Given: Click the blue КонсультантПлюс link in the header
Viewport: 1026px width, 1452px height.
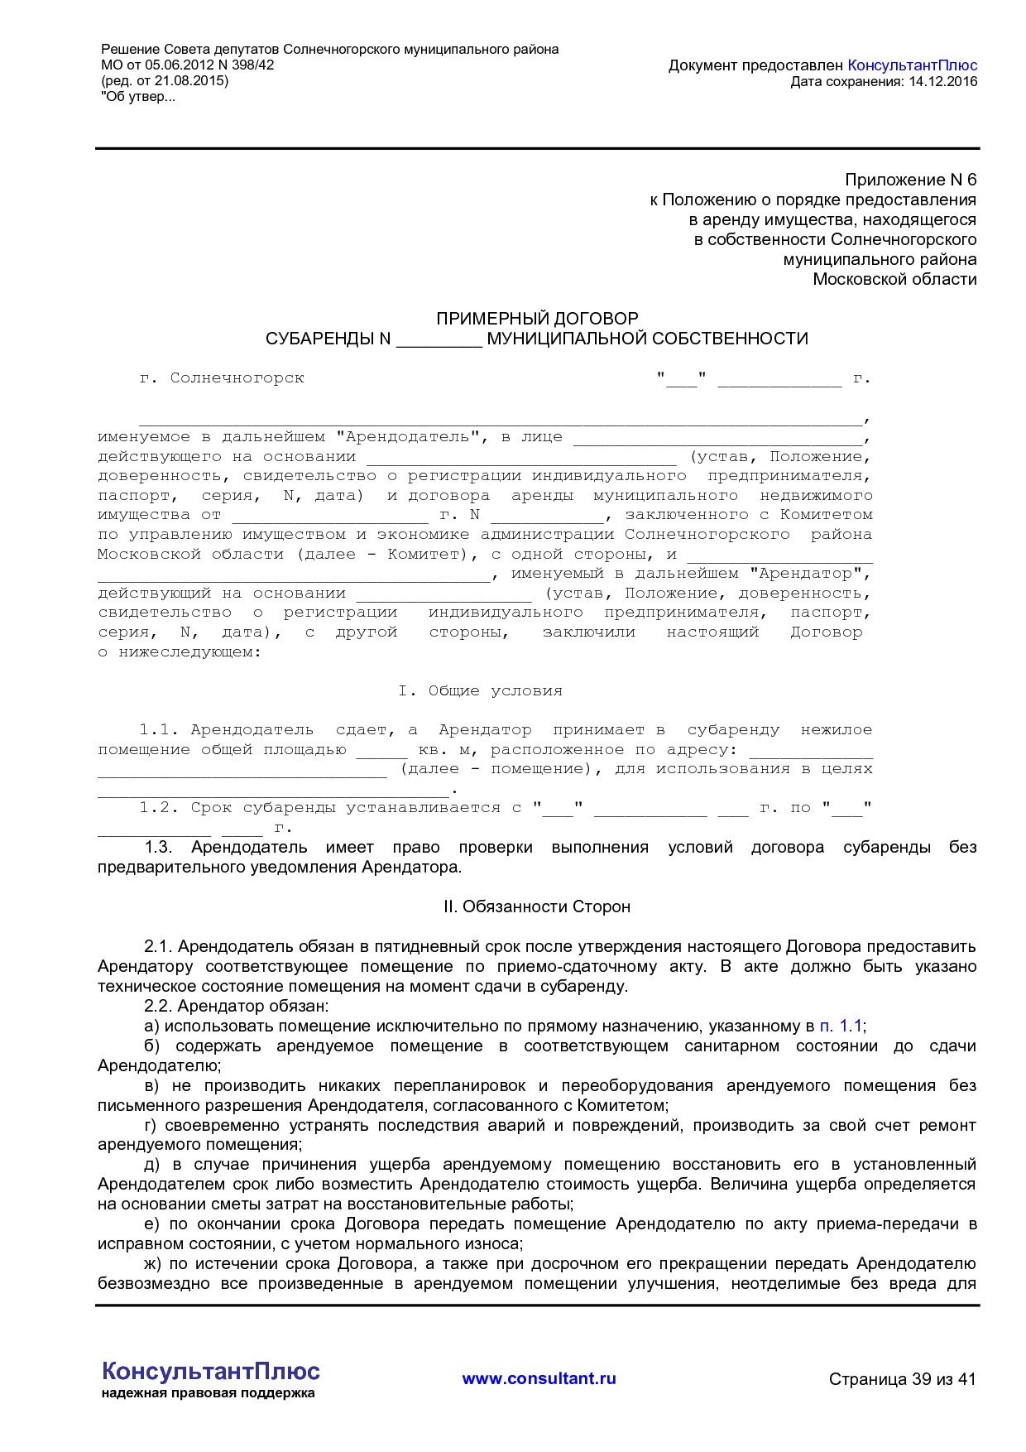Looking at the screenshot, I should click(912, 65).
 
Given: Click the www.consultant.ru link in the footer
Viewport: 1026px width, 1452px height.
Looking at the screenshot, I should click(539, 1378).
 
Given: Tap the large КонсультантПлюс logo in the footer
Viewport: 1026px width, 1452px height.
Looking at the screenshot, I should click(210, 1371).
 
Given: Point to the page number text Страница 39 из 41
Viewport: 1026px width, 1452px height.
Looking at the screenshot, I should click(902, 1379).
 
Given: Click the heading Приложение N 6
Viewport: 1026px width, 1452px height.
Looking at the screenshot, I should click(910, 180).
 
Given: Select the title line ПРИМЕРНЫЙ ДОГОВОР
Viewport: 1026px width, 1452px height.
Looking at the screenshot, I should click(537, 319).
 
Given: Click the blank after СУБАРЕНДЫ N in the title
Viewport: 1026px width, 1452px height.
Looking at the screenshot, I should click(439, 339).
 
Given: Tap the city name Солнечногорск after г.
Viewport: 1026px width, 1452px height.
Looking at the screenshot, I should click(237, 378).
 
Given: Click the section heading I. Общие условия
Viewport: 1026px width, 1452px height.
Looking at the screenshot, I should click(480, 691).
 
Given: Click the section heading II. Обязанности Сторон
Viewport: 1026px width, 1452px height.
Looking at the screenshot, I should click(537, 907).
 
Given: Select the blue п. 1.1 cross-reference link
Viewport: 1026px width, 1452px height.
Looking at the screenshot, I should click(841, 1026).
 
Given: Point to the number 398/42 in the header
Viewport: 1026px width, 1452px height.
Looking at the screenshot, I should click(253, 65).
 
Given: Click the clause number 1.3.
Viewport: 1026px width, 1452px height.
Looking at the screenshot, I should click(158, 848).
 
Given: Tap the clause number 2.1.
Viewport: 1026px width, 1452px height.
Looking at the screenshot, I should click(157, 947).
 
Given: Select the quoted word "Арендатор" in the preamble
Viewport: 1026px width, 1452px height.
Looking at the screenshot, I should click(808, 574).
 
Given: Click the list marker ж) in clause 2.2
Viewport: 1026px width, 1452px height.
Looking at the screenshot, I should click(152, 1264).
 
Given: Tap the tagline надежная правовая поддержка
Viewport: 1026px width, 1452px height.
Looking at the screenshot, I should click(209, 1393).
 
